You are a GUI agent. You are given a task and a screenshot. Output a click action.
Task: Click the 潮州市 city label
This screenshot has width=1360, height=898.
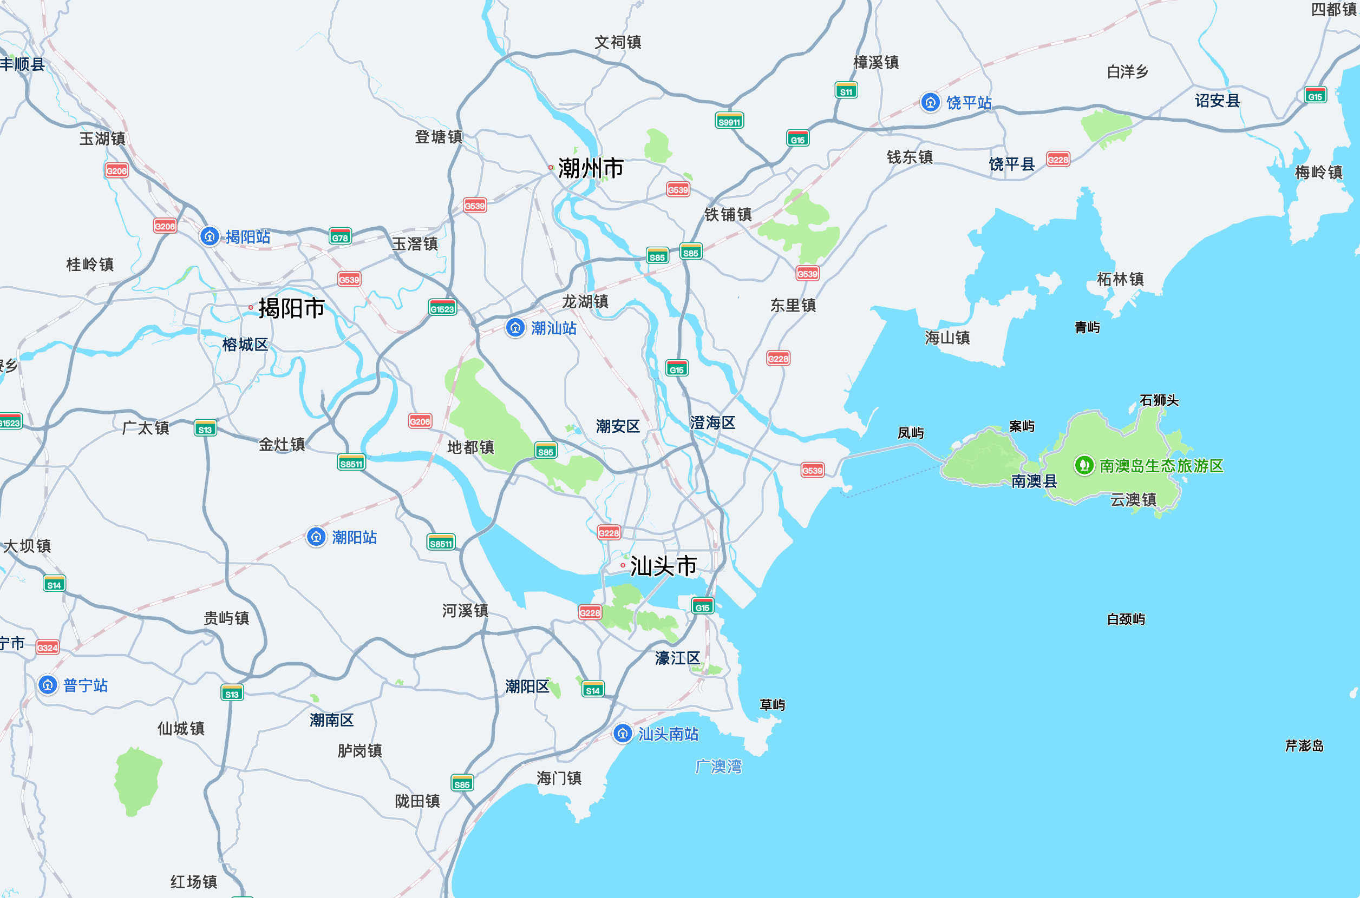click(x=590, y=168)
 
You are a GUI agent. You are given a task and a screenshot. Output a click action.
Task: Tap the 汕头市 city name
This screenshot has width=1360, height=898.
click(x=663, y=566)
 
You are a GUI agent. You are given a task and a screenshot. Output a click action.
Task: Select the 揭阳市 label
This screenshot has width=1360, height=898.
click(x=291, y=308)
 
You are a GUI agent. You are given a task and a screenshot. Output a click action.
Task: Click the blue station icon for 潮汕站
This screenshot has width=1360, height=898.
click(x=515, y=328)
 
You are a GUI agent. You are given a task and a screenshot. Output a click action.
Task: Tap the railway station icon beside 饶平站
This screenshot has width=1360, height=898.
click(x=930, y=103)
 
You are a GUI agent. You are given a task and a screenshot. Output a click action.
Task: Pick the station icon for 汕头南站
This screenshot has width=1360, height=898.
click(x=623, y=734)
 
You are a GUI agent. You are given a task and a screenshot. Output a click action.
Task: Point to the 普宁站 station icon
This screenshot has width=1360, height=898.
click(x=48, y=685)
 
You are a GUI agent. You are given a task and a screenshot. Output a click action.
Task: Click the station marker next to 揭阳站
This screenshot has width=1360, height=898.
click(x=209, y=236)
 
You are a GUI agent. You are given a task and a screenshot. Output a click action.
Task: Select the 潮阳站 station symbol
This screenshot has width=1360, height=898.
click(x=316, y=537)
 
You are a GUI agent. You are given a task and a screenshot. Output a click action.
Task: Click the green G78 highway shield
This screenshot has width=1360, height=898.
click(x=340, y=237)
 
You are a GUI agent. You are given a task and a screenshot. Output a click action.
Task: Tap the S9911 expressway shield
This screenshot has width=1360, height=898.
click(x=729, y=121)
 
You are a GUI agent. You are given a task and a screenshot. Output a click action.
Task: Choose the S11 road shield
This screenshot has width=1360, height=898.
click(x=846, y=91)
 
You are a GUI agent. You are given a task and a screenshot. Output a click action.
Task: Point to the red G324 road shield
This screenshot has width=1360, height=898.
click(x=47, y=648)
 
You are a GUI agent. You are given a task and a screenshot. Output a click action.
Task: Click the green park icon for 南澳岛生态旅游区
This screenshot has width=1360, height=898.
click(x=1084, y=465)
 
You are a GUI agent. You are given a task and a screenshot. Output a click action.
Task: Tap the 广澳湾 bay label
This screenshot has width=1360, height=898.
click(x=718, y=767)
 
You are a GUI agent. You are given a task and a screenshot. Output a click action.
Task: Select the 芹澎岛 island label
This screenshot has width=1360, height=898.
click(x=1304, y=745)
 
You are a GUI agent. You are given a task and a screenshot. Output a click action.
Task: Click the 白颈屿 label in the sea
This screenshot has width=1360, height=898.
click(x=1126, y=619)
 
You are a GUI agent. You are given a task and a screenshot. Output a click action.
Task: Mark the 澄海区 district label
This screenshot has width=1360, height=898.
click(x=712, y=422)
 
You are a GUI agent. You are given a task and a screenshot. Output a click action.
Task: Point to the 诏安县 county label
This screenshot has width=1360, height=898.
click(x=1217, y=101)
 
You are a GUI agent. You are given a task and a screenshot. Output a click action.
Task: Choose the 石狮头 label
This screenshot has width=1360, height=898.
click(x=1159, y=400)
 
